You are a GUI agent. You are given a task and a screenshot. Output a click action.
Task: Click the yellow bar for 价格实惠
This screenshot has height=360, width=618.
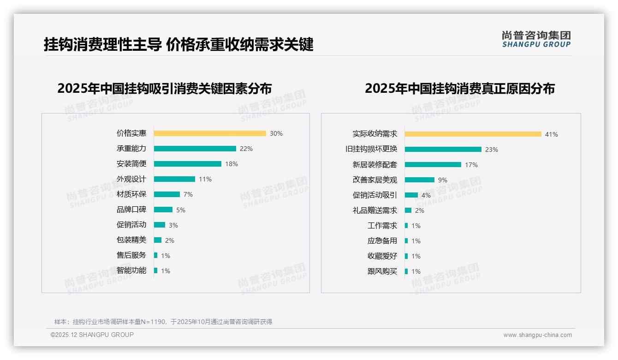[210, 133]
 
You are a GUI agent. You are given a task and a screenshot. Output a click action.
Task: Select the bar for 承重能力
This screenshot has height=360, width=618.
[195, 149]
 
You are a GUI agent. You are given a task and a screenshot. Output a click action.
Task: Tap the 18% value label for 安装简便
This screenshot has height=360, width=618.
[232, 164]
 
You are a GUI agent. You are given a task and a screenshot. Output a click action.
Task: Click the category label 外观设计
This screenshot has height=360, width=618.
[131, 179]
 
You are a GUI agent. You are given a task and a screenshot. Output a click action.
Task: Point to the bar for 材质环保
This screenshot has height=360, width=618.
[166, 194]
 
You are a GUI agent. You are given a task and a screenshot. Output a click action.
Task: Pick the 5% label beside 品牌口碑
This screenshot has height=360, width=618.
[181, 210]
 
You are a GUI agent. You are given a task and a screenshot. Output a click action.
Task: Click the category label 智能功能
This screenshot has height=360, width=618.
[131, 270]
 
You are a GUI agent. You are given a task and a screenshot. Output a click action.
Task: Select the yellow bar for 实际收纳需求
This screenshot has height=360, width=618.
[473, 134]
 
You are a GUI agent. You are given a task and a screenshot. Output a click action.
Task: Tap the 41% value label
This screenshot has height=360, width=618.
[552, 134]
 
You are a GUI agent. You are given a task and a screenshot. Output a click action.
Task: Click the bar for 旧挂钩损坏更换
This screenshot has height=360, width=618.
[443, 150]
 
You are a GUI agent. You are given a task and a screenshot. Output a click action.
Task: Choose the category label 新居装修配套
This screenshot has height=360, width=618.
[374, 165]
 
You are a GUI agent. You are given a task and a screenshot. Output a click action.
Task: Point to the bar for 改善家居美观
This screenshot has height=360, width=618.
[419, 180]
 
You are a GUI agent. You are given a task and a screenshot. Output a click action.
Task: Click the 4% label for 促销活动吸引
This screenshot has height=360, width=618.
[426, 195]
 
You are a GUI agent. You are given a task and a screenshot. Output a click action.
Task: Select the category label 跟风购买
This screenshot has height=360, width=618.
[382, 271]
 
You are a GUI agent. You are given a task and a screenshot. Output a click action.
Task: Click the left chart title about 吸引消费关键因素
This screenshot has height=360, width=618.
[164, 88]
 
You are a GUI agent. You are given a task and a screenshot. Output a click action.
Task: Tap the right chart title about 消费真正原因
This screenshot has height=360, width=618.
[459, 88]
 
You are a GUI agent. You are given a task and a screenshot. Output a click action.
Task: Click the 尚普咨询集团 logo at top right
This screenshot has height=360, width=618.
[536, 39]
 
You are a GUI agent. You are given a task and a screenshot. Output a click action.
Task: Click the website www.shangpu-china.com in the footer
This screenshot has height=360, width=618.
[537, 335]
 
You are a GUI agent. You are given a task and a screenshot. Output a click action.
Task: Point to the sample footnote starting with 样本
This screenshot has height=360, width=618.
[163, 322]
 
